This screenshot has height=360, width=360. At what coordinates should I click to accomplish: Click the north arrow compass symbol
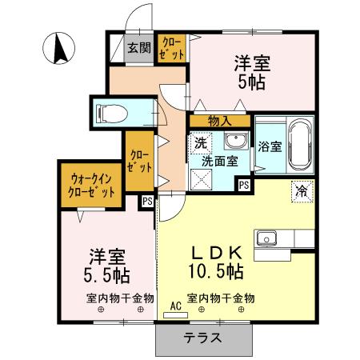(x=58, y=50)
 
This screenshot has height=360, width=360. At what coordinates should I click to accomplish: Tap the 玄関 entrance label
(x=138, y=48)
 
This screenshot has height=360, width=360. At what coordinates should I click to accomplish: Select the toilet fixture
(x=111, y=112)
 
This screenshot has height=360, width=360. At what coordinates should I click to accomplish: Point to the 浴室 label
(x=270, y=146)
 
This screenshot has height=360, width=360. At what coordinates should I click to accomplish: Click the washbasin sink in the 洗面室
(x=235, y=142)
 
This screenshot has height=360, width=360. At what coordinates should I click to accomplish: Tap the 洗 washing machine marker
(x=200, y=143)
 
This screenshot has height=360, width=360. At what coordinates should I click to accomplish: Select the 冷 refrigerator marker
(x=302, y=191)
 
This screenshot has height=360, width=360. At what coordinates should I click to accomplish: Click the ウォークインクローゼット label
(x=90, y=186)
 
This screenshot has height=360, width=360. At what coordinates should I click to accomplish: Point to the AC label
(x=176, y=306)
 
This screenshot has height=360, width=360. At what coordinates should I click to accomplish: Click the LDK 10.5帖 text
(x=215, y=259)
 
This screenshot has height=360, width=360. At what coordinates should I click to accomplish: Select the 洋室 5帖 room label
(x=251, y=71)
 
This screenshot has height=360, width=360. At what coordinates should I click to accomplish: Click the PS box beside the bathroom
(x=244, y=186)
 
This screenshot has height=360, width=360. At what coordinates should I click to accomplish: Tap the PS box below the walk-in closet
(x=147, y=202)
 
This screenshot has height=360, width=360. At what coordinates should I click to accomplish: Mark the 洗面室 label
(x=218, y=161)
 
